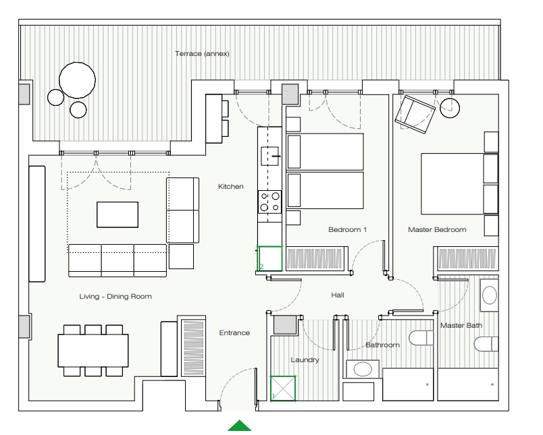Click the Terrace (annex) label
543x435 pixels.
(202, 53)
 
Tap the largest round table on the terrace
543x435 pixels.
(77, 80)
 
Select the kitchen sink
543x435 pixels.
(269, 156)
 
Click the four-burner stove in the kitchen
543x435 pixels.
(269, 202)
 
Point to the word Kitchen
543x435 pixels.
(230, 186)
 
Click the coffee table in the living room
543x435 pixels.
(118, 214)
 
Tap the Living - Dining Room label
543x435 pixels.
(115, 296)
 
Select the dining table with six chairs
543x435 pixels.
(93, 350)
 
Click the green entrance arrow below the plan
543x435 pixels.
(240, 426)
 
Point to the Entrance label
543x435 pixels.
(234, 332)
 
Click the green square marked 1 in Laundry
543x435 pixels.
(283, 388)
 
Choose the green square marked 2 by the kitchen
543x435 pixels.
(269, 258)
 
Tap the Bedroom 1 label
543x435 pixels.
(347, 229)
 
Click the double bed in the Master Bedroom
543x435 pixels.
(459, 184)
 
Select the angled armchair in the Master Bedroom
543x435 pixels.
(415, 114)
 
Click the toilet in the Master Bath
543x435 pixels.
(486, 345)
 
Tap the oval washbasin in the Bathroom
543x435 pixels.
(363, 370)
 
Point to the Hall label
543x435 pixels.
(338, 295)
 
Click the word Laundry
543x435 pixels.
(305, 360)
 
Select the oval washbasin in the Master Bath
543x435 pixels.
(490, 295)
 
